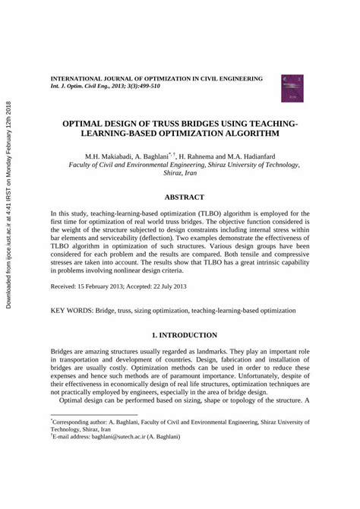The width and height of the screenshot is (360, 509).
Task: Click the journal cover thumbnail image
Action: tap(292, 89)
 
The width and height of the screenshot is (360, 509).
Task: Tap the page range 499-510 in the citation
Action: tap(144, 87)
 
